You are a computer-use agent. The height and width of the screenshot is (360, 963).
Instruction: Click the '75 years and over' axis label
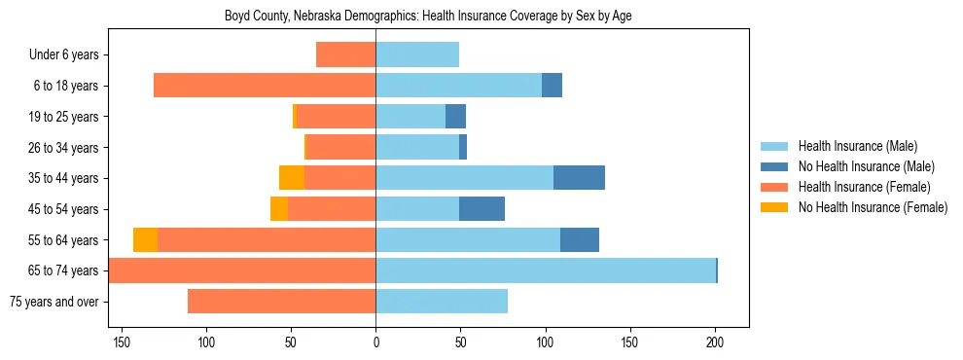pyautogui.click(x=54, y=302)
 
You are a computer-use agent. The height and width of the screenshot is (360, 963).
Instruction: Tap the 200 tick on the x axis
pyautogui.click(x=715, y=342)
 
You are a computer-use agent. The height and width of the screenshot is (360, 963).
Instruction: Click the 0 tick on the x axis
pyautogui.click(x=375, y=342)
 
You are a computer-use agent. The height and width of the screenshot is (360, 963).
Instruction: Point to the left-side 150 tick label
pyautogui.click(x=122, y=342)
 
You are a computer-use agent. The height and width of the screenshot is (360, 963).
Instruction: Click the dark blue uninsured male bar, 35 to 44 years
pyautogui.click(x=579, y=178)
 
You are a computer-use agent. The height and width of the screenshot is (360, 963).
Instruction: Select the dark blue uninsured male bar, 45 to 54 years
pyautogui.click(x=481, y=209)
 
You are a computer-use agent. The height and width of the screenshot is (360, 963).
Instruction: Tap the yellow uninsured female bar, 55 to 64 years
pyautogui.click(x=145, y=240)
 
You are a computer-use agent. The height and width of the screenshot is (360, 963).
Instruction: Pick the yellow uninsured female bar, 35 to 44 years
pyautogui.click(x=292, y=178)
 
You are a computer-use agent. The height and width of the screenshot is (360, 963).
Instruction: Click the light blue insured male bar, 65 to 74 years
pyautogui.click(x=545, y=270)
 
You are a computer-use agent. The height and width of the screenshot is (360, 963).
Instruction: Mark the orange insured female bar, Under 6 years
pyautogui.click(x=345, y=55)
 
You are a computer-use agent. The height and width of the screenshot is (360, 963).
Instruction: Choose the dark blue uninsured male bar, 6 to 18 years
pyautogui.click(x=552, y=86)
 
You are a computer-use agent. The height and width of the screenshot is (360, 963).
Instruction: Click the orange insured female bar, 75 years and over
pyautogui.click(x=281, y=302)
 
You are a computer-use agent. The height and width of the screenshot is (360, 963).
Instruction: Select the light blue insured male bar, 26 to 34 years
pyautogui.click(x=417, y=148)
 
